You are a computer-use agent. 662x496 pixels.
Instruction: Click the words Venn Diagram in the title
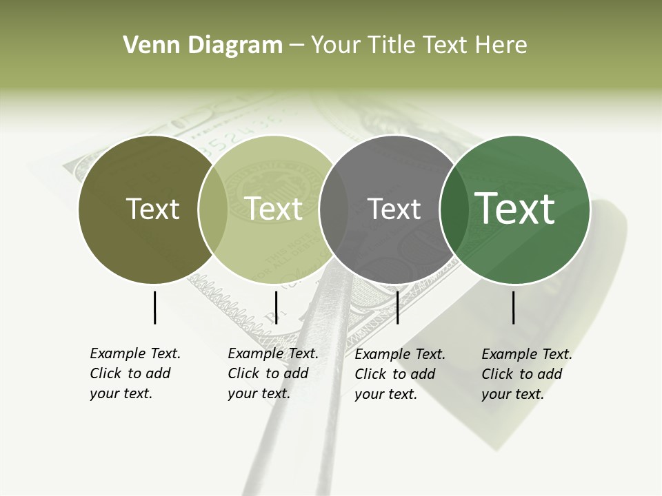click(203, 45)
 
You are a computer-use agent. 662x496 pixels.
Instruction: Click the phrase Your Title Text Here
click(419, 45)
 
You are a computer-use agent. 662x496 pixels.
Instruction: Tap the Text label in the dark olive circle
click(152, 209)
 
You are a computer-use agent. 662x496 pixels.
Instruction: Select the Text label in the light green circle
click(274, 209)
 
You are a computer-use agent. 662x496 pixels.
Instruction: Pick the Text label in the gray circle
click(394, 209)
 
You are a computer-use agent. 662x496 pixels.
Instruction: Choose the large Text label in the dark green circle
click(515, 209)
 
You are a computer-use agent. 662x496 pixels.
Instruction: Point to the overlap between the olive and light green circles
click(213, 209)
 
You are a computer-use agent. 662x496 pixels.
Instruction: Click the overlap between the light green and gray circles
click(334, 209)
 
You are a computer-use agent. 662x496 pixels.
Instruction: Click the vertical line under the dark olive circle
click(154, 307)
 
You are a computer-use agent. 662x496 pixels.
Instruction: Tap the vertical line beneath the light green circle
click(276, 307)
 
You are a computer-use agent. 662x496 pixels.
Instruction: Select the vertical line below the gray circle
click(397, 307)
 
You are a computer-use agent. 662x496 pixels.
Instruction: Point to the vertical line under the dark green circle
click(513, 307)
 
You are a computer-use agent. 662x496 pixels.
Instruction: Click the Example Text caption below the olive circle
click(135, 373)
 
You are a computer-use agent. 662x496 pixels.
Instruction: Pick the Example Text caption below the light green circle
click(273, 373)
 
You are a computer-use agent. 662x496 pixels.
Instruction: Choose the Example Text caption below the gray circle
click(400, 374)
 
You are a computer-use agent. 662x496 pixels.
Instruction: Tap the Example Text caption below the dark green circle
click(527, 374)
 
